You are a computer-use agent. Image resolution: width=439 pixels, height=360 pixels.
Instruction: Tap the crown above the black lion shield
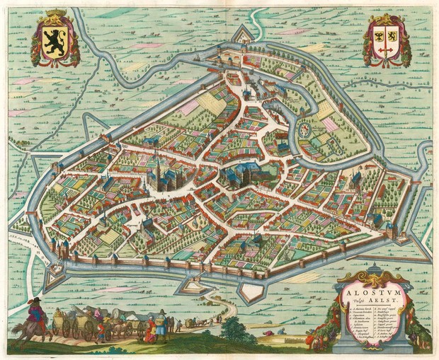(x=54, y=16)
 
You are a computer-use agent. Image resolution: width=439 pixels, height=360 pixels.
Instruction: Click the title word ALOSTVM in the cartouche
(x=360, y=289)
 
